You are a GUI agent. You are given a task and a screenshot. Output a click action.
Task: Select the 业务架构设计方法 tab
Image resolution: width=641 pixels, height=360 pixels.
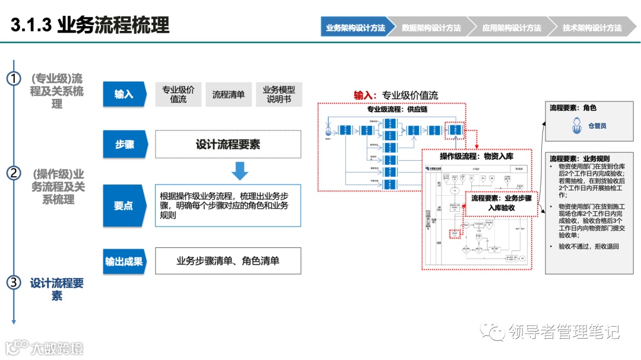(355, 28)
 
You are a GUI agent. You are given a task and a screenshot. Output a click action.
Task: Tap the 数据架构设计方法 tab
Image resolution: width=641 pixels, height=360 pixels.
(431, 28)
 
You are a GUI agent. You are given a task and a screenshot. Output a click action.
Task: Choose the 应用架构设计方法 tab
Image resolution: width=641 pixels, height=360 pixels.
(511, 28)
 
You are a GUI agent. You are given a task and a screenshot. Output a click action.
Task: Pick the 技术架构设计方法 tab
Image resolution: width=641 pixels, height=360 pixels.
(592, 28)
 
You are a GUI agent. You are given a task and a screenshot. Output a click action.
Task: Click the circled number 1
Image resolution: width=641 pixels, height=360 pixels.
(14, 79)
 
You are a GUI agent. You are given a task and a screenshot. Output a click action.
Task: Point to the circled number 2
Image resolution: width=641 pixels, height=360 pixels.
(14, 173)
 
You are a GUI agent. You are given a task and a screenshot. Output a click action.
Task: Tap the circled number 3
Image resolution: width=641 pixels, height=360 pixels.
(14, 282)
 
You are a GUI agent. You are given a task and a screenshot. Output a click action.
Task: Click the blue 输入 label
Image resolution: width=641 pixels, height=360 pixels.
(124, 94)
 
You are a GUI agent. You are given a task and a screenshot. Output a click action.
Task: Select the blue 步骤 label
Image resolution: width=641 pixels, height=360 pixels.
(124, 144)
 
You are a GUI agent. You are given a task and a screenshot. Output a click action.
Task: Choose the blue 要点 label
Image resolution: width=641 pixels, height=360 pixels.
(124, 206)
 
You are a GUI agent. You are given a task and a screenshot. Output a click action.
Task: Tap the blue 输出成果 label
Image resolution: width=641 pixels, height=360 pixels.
(124, 261)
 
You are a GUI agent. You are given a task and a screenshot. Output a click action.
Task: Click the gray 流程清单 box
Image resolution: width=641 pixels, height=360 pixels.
(229, 94)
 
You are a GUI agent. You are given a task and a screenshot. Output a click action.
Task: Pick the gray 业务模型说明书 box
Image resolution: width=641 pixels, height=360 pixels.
(279, 94)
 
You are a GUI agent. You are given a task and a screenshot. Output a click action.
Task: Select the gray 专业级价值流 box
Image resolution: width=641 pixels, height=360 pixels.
(178, 94)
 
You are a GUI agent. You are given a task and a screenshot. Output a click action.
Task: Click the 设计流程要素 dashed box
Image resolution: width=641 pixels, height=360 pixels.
(228, 144)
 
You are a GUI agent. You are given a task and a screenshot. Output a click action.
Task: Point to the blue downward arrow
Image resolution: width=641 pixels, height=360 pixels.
(240, 171)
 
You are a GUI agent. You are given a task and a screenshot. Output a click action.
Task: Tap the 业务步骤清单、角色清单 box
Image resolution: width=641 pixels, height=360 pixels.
(228, 261)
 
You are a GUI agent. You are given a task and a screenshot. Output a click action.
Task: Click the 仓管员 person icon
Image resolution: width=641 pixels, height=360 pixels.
(576, 126)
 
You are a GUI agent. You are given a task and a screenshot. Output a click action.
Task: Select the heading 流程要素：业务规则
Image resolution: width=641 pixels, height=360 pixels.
(579, 159)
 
